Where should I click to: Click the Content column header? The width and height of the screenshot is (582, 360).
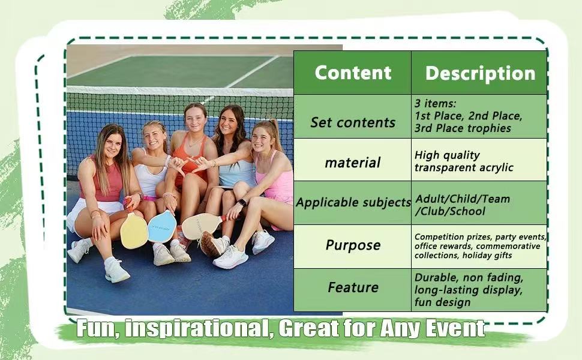[353, 73]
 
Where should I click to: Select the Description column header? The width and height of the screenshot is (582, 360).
[480, 73]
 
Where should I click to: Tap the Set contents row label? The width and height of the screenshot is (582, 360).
[353, 122]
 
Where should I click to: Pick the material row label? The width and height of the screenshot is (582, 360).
[353, 162]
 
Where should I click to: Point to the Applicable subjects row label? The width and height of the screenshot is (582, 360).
[353, 202]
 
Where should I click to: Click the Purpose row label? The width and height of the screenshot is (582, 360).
[353, 245]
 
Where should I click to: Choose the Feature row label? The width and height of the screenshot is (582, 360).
[353, 287]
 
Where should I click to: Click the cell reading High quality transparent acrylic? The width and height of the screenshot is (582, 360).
[464, 161]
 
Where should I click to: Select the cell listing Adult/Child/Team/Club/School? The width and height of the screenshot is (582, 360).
[462, 205]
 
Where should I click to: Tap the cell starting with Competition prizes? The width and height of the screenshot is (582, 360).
[480, 246]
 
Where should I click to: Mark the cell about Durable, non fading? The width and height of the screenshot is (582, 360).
[469, 290]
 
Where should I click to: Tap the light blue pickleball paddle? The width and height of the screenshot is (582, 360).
[162, 227]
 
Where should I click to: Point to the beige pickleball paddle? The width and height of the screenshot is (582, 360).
[199, 226]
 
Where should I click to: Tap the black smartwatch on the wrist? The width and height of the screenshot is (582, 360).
[242, 203]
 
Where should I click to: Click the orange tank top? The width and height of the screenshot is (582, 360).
[190, 158]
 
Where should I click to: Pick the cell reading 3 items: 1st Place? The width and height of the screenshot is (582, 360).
[469, 116]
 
